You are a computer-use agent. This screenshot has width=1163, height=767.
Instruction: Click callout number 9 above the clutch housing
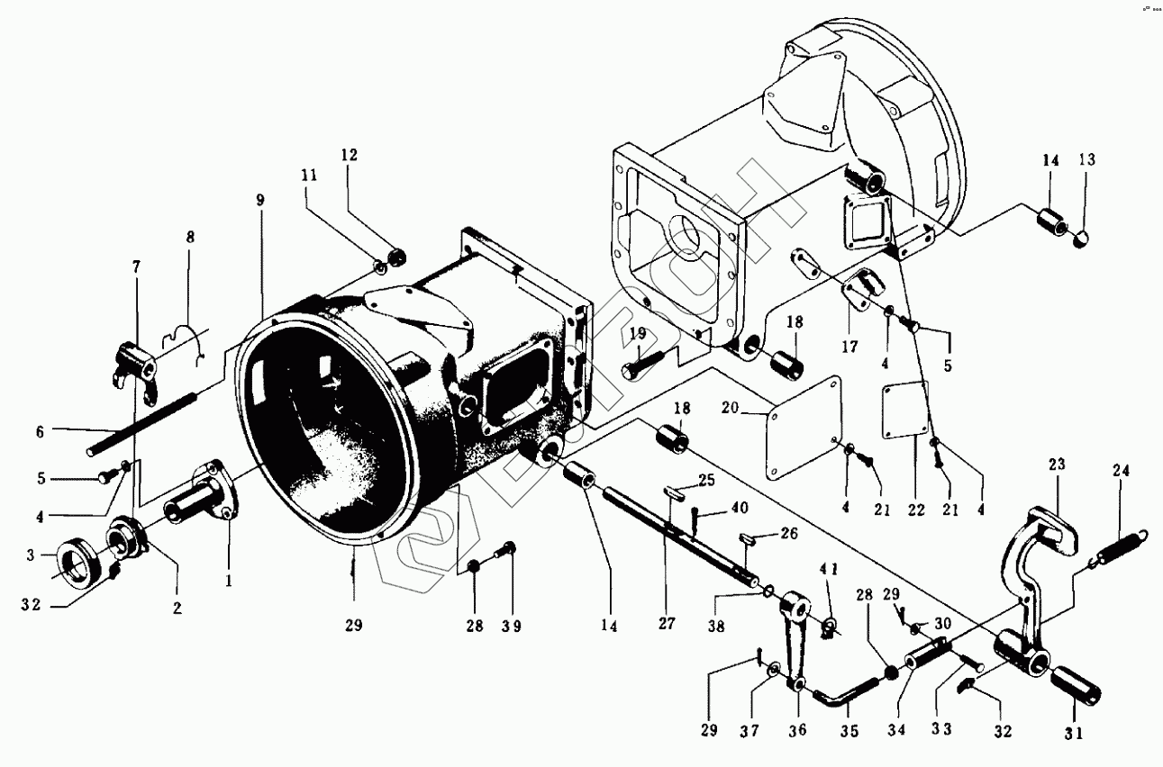tap(259, 200)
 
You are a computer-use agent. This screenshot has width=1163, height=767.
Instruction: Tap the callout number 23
tap(1057, 465)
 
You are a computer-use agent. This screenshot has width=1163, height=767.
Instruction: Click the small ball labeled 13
tap(1085, 238)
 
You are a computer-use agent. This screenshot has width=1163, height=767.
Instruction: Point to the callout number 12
tap(349, 155)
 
